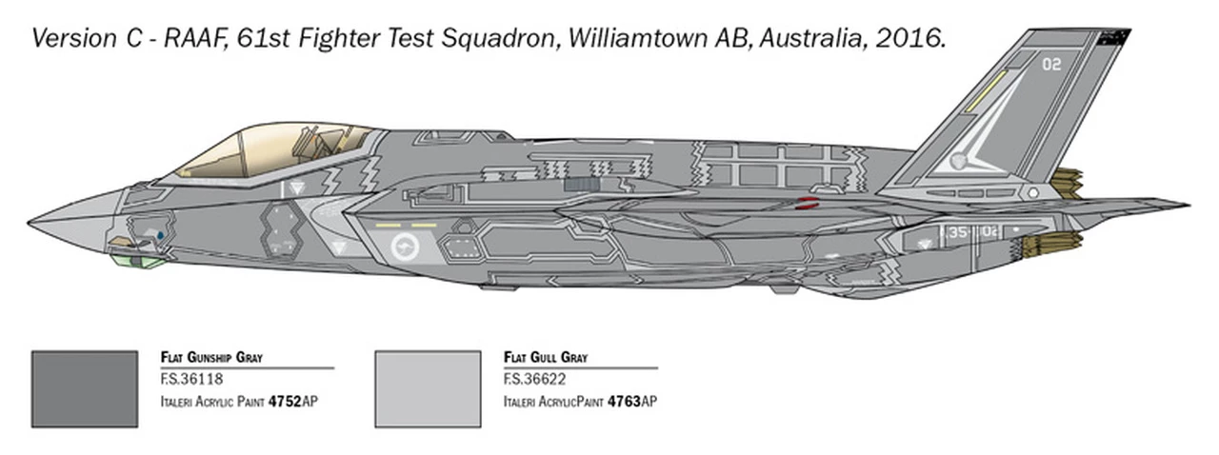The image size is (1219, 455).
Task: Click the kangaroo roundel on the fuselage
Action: click(406, 248)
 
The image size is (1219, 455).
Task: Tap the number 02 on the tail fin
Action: click(1051, 65)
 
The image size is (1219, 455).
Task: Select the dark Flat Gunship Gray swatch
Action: click(84, 388)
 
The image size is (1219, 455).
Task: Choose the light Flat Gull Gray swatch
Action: click(428, 388)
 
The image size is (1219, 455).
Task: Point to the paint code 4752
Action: click(285, 402)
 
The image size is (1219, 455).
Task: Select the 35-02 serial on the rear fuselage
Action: click(971, 230)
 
